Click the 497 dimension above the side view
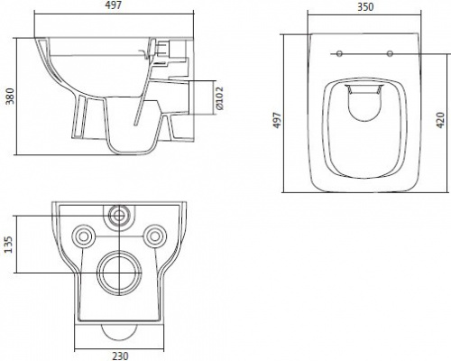pyautogui.click(x=114, y=5)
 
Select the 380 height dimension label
pyautogui.click(x=11, y=96)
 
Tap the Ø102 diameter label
pyautogui.click(x=219, y=98)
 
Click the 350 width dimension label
pyautogui.click(x=365, y=6)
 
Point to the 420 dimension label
pyautogui.click(x=440, y=120)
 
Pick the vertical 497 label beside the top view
pyautogui.click(x=277, y=120)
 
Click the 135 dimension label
pyautogui.click(x=9, y=245)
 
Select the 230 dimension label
pyautogui.click(x=120, y=356)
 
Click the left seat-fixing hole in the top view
pyautogui.click(x=339, y=54)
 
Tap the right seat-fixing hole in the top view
pyautogui.click(x=390, y=54)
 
